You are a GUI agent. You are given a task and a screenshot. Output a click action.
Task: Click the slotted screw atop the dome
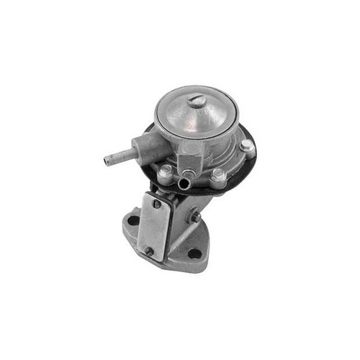click(197, 101)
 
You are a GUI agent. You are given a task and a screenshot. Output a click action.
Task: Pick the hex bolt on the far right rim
click(247, 146)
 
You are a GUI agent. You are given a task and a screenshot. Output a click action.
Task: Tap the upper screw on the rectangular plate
click(156, 203)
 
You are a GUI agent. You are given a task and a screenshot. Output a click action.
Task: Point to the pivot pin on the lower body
click(195, 217)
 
